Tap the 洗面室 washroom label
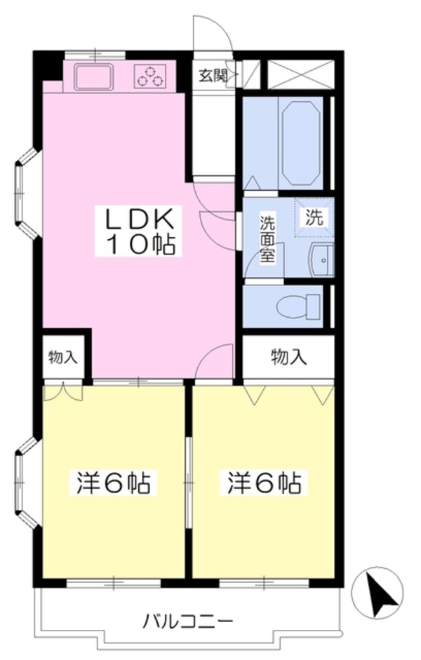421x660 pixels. point(267,238)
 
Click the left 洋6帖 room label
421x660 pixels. point(112,483)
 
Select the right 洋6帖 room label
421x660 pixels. point(264,483)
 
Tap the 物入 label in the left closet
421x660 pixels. point(63,357)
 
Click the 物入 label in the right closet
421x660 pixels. point(289,357)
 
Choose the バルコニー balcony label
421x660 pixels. point(188,621)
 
